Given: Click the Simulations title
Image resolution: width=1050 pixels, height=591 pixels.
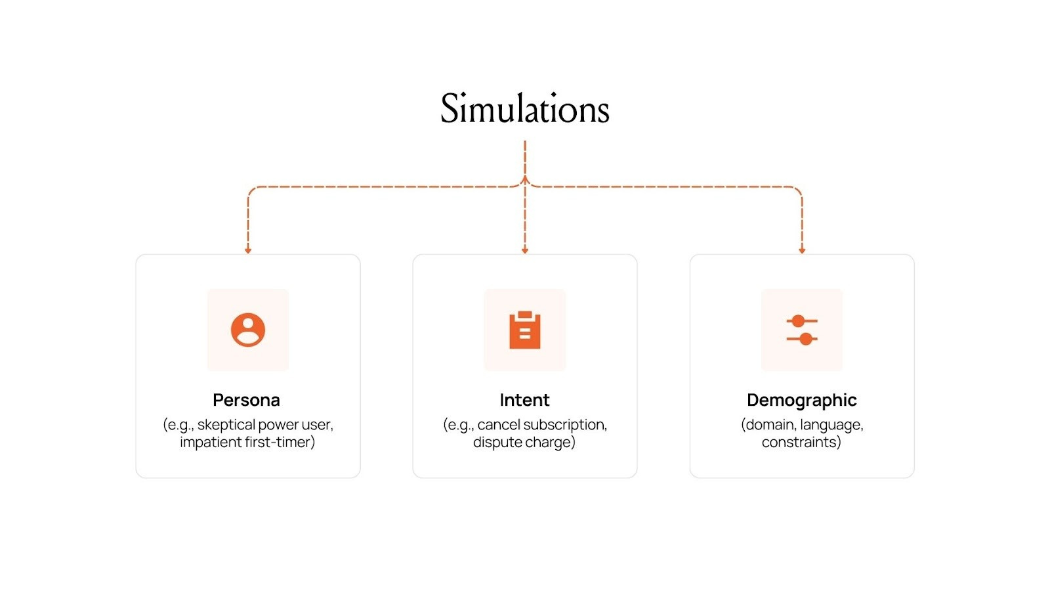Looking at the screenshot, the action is [525, 109].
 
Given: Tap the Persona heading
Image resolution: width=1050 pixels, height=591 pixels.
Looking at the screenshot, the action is [246, 400].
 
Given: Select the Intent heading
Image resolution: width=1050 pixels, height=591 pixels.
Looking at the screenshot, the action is [524, 400].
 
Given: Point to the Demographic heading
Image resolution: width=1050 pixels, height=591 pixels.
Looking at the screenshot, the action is [801, 400].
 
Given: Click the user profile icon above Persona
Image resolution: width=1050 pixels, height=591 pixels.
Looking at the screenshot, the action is [248, 330].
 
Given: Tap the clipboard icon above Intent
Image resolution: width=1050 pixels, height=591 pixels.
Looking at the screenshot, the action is [525, 330].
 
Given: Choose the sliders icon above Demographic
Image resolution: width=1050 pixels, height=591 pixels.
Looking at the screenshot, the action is [802, 330].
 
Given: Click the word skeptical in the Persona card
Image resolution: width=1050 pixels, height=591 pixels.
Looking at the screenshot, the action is [226, 425].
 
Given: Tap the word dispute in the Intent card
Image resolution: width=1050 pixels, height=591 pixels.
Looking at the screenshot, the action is [496, 443].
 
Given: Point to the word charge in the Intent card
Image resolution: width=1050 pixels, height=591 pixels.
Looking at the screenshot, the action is [548, 443].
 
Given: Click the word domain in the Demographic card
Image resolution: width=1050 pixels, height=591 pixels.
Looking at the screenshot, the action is [769, 425].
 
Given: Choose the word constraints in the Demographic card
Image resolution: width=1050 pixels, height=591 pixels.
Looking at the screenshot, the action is [800, 443].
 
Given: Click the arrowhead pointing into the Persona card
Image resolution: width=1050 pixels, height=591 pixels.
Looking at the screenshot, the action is [248, 250].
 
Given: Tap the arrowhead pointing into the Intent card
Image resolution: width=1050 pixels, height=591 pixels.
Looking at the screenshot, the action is [525, 250].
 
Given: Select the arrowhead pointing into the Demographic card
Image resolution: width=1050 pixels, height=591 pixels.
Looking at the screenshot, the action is [802, 250].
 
